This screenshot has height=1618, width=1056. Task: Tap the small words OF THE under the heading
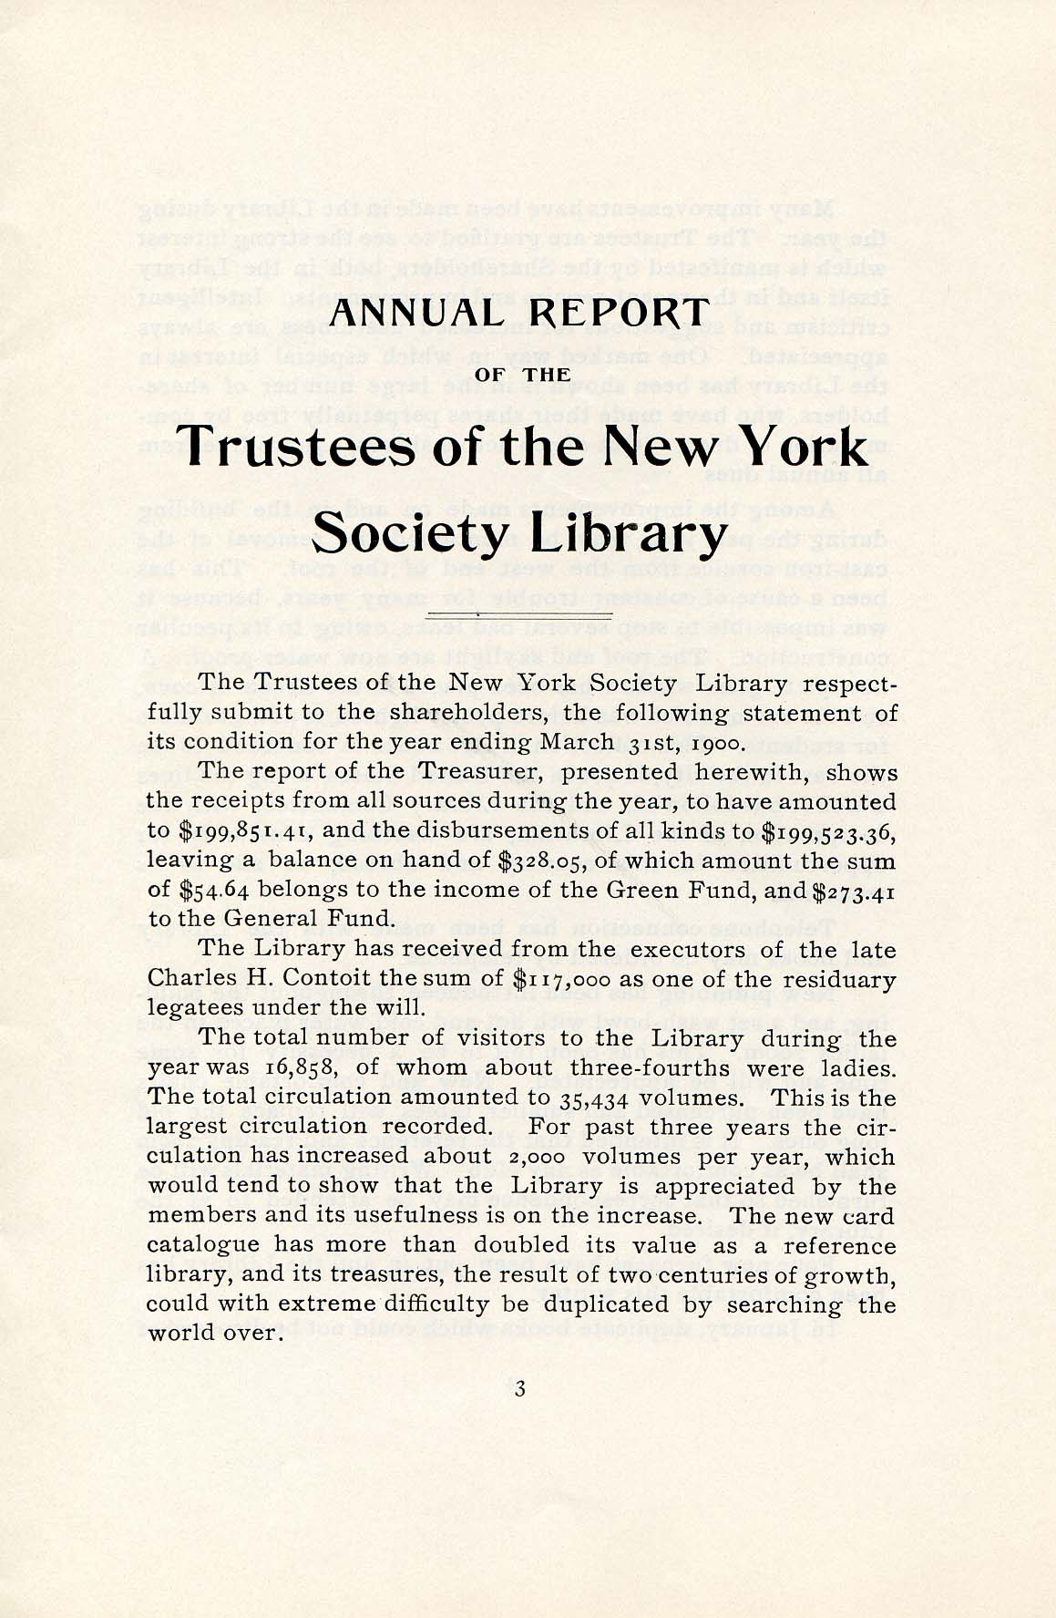click(x=524, y=375)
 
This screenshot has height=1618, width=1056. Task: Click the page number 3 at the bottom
click(x=520, y=1388)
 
